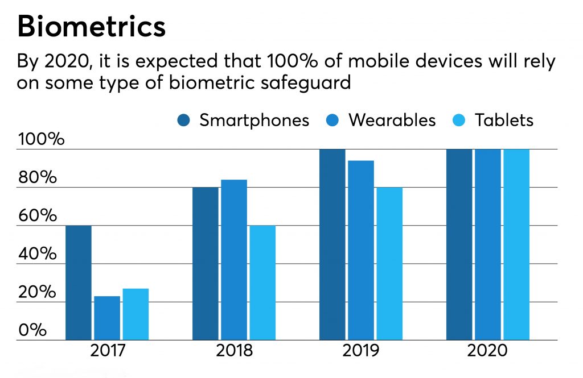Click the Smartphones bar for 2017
coord(79,283)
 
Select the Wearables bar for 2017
coord(107,318)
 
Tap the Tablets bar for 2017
coord(136,314)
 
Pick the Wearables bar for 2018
coord(234,260)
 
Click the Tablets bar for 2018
coord(262,283)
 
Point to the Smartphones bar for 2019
coord(332,244)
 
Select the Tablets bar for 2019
coord(389,264)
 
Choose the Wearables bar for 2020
coord(487,244)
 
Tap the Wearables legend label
coord(392,121)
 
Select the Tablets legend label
coord(504,121)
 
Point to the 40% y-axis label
coord(38,254)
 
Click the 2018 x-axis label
coord(234,351)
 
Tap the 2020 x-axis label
coord(487,351)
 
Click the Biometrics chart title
coord(91,27)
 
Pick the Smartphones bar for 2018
coord(206,264)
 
